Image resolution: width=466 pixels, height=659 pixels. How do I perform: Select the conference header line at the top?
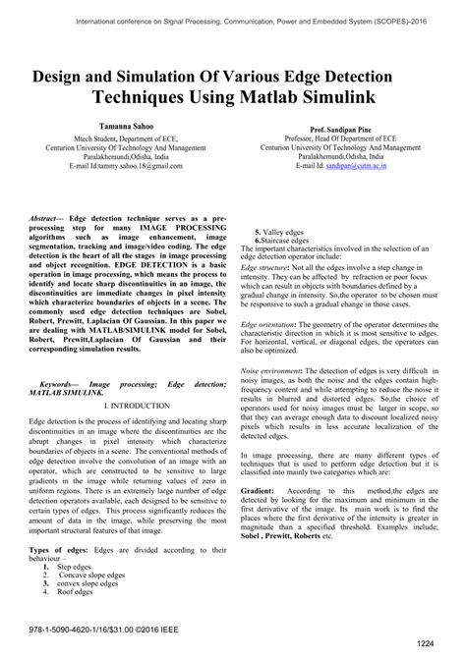[x=233, y=16]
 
